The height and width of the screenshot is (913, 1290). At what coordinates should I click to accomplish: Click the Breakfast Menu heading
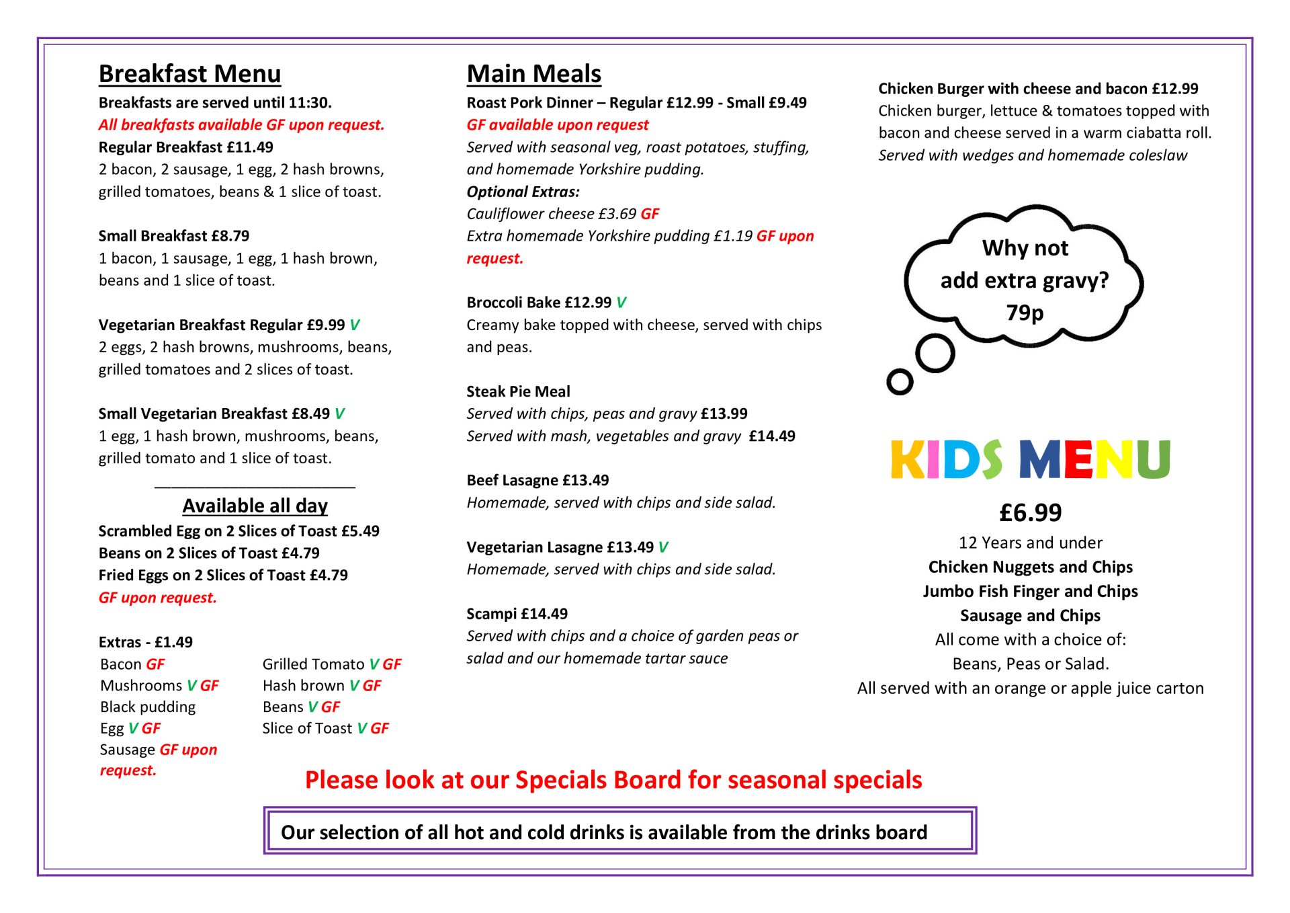coord(189,74)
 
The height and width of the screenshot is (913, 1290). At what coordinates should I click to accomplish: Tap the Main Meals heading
coord(533,74)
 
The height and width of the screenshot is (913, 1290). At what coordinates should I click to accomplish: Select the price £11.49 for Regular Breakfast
coord(250,147)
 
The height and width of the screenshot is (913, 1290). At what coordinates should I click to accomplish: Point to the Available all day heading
coord(255,506)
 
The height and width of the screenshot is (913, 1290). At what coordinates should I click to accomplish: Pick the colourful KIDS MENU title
coord(1030,460)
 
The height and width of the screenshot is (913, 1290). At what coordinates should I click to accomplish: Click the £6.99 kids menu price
coord(1030,513)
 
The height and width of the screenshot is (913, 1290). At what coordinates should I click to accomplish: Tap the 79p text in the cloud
coord(1025,313)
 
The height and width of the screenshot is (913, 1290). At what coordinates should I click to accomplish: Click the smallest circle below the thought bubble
coord(900,382)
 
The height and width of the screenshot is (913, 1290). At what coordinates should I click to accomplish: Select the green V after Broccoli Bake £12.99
coord(621,303)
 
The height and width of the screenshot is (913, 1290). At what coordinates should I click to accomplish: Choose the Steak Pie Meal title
coord(518,392)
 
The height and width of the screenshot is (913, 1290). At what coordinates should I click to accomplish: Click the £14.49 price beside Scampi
coord(544,614)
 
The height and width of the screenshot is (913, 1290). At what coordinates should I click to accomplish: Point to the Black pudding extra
coord(148,707)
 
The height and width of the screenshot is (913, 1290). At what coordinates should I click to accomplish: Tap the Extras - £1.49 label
coord(146,642)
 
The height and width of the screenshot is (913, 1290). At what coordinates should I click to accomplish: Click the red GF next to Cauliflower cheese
coord(650,214)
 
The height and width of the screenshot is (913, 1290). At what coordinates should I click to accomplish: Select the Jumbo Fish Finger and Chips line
coord(1030,592)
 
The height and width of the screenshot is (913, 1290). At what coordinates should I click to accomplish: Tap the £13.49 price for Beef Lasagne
coord(585,481)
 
